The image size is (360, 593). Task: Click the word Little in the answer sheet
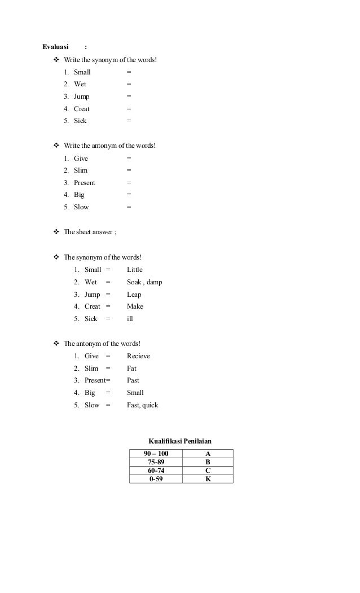[x=134, y=270]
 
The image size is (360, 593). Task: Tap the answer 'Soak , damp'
[x=144, y=282]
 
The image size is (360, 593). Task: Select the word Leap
[x=134, y=295]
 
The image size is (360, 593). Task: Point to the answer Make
[x=135, y=306]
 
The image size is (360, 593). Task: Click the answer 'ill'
[x=130, y=319]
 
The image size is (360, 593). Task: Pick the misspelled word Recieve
[x=138, y=356]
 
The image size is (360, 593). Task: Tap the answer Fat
[x=131, y=368]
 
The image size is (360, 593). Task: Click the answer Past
[x=133, y=380]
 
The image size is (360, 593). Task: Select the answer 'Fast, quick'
[x=142, y=405]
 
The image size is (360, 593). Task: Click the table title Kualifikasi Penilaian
[x=180, y=441]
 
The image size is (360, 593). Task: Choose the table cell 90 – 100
[x=156, y=454]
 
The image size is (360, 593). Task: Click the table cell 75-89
[x=156, y=462]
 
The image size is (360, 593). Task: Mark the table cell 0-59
[x=156, y=479]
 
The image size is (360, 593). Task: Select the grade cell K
[x=208, y=479]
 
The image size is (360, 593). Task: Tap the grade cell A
[x=208, y=454]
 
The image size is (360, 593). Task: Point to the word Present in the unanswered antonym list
[x=85, y=183]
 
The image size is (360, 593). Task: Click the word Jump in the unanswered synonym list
[x=81, y=96]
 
